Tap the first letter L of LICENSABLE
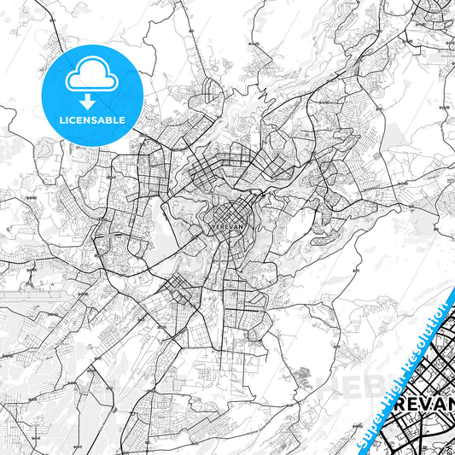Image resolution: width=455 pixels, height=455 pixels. point(62,120)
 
